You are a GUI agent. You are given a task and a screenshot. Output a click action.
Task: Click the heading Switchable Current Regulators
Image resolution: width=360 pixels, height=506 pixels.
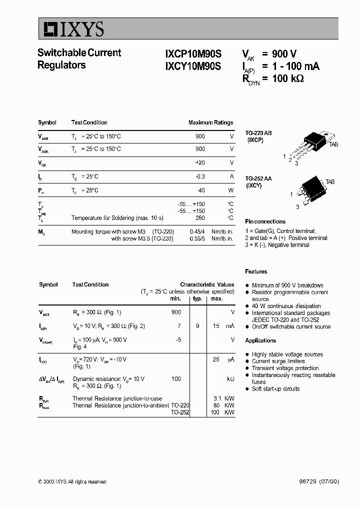pos(79,59)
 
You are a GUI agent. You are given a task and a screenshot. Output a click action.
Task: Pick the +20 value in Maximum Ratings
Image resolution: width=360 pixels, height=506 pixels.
pos(199,162)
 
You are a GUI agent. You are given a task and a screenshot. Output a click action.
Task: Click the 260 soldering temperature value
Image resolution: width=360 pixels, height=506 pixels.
pos(200,218)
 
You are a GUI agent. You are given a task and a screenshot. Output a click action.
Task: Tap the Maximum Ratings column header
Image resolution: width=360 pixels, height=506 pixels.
pos(210,122)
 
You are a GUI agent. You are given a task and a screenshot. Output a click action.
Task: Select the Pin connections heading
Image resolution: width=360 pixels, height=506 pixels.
pos(265,221)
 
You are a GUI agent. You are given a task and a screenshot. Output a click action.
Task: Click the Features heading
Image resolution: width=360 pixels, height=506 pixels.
pos(256,271)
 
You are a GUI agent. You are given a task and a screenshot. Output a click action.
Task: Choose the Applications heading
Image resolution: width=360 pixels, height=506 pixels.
pos(260,340)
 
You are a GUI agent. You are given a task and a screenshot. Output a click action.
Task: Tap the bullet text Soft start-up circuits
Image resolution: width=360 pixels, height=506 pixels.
pos(275,389)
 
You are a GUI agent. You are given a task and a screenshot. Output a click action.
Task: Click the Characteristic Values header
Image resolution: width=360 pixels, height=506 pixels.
pos(207,284)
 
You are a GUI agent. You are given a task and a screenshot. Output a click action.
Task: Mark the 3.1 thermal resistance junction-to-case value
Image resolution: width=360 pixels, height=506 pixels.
pos(215,398)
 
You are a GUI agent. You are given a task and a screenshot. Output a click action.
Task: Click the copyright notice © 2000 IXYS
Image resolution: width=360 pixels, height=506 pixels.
pos(72,481)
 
